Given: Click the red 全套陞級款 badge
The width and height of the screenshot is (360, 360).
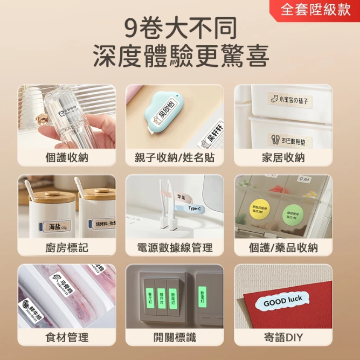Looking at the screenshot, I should pyautogui.click(x=315, y=10).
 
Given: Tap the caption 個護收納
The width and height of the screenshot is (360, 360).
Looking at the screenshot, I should pyautogui.click(x=66, y=157).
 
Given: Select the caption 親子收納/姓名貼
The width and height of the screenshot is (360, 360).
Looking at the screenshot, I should pyautogui.click(x=175, y=157).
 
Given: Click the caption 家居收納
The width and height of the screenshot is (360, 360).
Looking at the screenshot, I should pyautogui.click(x=283, y=157).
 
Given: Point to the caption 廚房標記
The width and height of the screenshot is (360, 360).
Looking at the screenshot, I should pyautogui.click(x=66, y=247).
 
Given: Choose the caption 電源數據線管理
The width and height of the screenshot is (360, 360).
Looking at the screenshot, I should pyautogui.click(x=175, y=247).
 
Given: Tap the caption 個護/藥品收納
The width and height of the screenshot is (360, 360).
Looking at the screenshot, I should pyautogui.click(x=283, y=247).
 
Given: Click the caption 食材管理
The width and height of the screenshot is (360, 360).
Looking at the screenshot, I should pyautogui.click(x=66, y=337).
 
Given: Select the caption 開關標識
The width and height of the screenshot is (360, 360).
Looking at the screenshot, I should pyautogui.click(x=175, y=337).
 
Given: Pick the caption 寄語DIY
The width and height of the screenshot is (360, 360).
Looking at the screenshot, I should pyautogui.click(x=283, y=337).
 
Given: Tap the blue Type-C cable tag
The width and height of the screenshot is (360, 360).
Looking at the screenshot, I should pyautogui.click(x=194, y=208).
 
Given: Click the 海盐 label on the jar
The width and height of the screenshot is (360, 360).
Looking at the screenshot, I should pyautogui.click(x=57, y=226).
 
